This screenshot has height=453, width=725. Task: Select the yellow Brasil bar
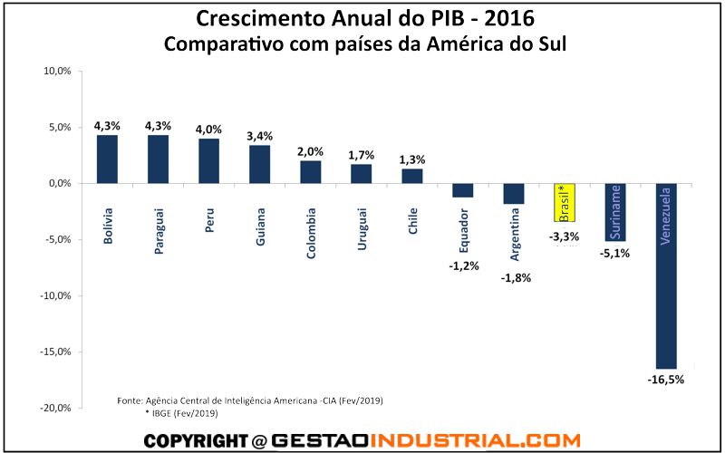565,202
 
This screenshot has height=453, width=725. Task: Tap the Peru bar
209,160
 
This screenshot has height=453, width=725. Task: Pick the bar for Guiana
260,164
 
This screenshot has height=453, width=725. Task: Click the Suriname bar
615,212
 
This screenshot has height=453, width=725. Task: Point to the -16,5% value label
666,380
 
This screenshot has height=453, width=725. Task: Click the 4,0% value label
209,129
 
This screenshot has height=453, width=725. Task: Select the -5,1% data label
615,254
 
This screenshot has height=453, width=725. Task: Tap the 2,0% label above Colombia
311,151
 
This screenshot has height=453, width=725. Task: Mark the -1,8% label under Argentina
514,278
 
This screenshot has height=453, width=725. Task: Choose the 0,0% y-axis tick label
59,183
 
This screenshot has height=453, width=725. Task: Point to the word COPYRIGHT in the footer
195,441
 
